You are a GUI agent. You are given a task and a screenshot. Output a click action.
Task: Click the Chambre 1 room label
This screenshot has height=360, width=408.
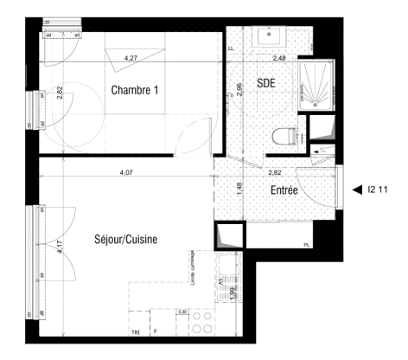137,90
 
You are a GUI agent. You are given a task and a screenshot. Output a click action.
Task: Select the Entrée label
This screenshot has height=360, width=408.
285,190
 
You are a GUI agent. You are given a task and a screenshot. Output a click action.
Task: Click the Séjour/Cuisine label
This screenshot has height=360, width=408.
125,240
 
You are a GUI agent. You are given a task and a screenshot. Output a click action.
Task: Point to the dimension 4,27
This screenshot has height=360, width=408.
131,58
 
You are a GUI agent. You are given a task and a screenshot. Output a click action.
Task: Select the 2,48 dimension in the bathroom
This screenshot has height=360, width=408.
280,58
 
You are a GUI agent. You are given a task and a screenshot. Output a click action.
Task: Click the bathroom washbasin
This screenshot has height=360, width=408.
270,37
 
